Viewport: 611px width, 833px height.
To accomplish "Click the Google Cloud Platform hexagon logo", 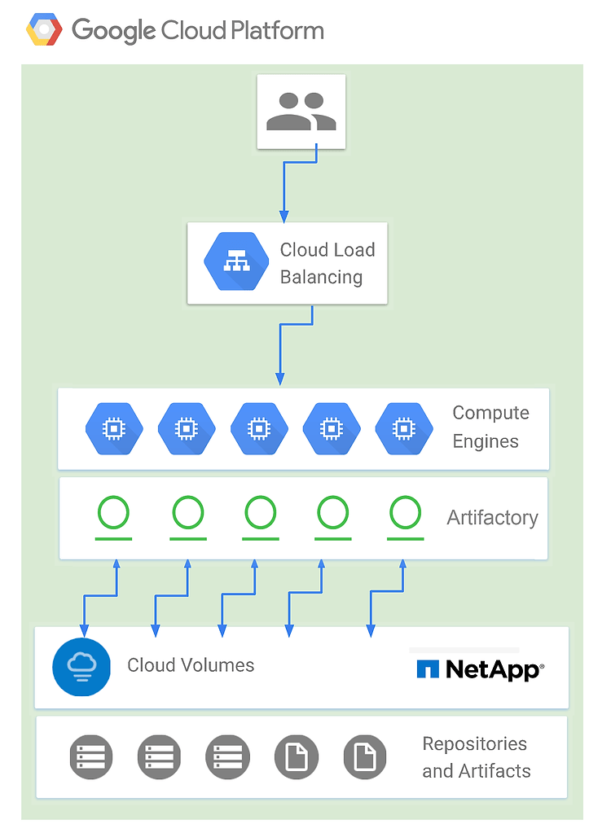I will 44,31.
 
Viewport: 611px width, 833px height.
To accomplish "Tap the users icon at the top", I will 301,112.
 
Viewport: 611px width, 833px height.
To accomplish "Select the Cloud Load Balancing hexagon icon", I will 237,262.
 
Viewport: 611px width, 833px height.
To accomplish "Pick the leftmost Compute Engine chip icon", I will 114,428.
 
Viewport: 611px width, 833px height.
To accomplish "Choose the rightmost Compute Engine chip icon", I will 403,428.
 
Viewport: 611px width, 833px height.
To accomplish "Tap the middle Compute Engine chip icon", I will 259,428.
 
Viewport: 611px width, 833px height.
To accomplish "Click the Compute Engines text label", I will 490,427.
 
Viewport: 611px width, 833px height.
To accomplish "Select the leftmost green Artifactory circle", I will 113,514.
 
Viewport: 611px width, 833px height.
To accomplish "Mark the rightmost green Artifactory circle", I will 405,514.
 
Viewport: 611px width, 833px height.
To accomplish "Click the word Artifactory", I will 492,518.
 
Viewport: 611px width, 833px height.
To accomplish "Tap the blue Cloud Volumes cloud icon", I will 81,667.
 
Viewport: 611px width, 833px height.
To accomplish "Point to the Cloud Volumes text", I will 191,665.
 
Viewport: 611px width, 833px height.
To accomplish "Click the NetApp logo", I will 480,669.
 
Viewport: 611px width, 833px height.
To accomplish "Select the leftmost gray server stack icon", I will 90,756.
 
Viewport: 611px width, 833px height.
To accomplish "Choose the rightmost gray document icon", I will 365,756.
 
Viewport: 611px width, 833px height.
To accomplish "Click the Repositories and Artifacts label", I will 476,757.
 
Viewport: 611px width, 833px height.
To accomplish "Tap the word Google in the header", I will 113,31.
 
